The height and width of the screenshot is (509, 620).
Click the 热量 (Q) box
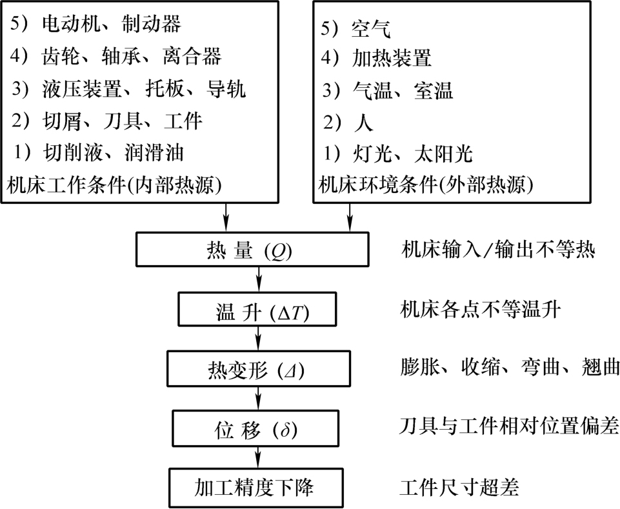(x=252, y=249)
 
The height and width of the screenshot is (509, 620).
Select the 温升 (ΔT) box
(x=257, y=309)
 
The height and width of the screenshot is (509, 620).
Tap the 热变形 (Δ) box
(x=259, y=368)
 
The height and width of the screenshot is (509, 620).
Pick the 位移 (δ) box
(x=255, y=428)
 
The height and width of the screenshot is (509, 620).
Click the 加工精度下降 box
(x=256, y=488)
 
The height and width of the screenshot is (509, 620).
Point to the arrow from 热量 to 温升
(x=259, y=279)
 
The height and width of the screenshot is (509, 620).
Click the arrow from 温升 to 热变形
(x=259, y=339)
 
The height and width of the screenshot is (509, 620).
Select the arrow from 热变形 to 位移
(x=259, y=398)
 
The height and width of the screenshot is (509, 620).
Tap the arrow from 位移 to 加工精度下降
(x=259, y=457)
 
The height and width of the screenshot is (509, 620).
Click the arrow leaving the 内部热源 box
(x=226, y=217)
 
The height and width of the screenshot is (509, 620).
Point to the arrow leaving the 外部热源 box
(x=349, y=217)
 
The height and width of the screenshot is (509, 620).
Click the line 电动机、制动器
(x=95, y=24)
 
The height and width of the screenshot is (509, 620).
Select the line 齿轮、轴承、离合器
(x=116, y=56)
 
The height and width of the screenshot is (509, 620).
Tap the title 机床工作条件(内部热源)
(x=114, y=185)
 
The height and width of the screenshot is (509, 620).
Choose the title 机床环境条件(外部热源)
(x=426, y=185)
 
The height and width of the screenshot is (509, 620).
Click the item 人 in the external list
(x=363, y=122)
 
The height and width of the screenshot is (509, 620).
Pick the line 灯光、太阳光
(x=397, y=154)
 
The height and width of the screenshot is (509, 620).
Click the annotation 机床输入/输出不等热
(x=498, y=250)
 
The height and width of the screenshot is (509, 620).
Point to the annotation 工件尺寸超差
(x=459, y=487)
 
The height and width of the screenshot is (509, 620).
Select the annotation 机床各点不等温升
(x=480, y=309)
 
